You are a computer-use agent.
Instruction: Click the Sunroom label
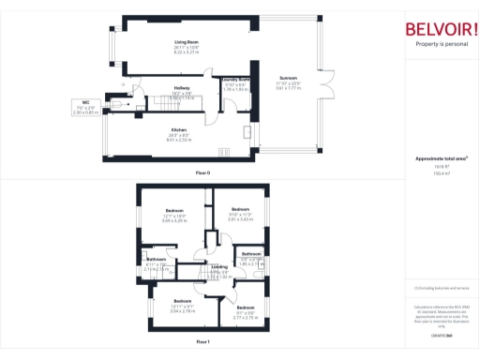point(288,78)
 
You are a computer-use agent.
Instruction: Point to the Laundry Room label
point(235,80)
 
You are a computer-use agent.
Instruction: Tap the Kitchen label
point(178,129)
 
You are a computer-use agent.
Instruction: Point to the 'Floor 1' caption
point(202,342)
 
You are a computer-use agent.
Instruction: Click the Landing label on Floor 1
point(218,267)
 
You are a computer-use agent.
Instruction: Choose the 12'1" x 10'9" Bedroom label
point(175,210)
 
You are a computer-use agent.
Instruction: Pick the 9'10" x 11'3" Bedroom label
point(241,209)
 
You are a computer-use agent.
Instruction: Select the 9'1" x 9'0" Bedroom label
point(245,308)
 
